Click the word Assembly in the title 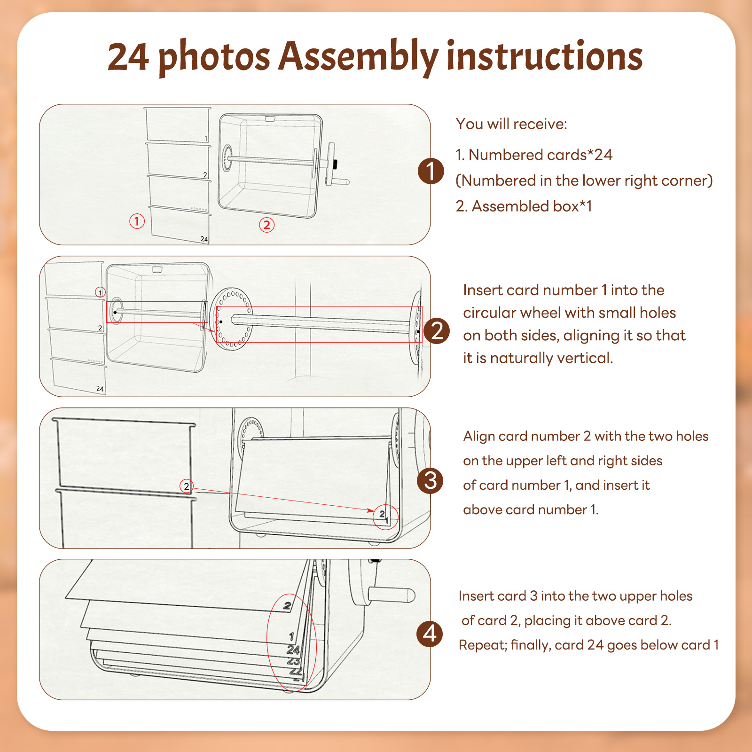coord(359,57)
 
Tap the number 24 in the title coord(128,57)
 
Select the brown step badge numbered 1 coord(431,171)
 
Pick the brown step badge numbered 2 coord(437,331)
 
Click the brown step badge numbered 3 coord(430,481)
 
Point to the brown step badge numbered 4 coord(430,634)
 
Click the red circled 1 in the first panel coord(137,221)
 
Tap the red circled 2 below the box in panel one coord(267,225)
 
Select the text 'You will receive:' coord(511,124)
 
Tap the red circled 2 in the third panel coord(187,486)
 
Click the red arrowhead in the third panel coord(371,510)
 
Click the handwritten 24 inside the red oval coord(293,650)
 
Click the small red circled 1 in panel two coord(100,292)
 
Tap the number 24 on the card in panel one coord(204,239)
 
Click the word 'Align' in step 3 coord(478,437)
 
